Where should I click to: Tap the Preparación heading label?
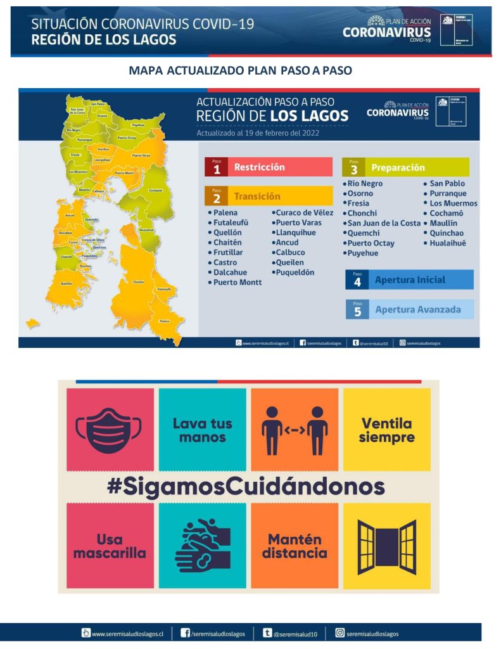coord(398,168)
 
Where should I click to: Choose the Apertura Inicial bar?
coord(410,280)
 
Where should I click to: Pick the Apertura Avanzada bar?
coord(410,309)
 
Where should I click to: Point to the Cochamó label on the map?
coord(155,190)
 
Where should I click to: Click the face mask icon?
coord(110,429)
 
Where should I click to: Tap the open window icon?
coord(386,545)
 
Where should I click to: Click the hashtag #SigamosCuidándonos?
coord(246,487)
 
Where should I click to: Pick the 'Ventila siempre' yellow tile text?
coord(386,430)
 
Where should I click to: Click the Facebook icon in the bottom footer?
coord(186,633)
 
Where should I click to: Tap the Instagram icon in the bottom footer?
coord(340,633)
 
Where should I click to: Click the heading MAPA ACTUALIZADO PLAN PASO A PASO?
coord(240,70)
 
